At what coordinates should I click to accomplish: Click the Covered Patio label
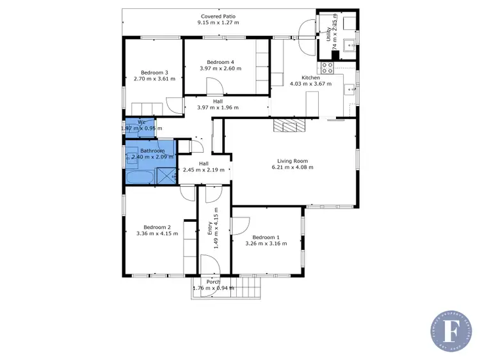218,16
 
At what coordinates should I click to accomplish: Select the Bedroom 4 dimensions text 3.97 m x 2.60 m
220,68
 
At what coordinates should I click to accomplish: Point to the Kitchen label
301,77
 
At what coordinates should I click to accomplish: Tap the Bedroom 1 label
266,237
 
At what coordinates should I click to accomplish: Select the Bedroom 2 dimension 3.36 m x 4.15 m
157,234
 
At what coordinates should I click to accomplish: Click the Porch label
213,282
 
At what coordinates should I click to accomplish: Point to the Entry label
210,228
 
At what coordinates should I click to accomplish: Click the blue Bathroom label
152,151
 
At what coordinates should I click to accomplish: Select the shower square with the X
166,176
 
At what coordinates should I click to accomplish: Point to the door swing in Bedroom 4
214,85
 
